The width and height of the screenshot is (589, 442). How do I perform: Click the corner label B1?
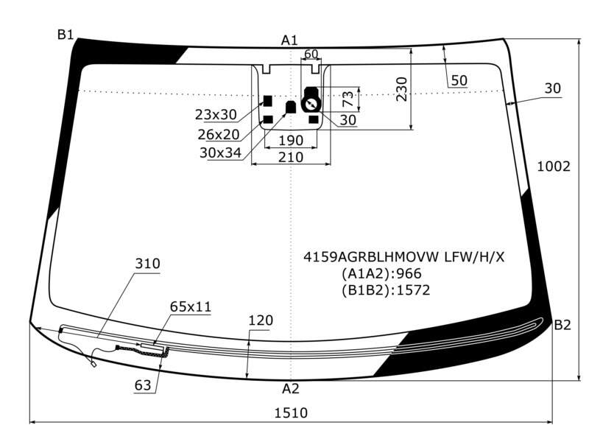pos(66,35)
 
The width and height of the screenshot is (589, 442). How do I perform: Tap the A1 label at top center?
pos(289,41)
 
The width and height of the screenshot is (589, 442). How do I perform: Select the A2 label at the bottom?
pos(290,389)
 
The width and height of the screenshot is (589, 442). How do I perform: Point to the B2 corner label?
pos(562,325)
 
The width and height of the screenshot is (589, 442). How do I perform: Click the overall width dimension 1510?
pos(291,413)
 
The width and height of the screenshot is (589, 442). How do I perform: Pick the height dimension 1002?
pos(554,166)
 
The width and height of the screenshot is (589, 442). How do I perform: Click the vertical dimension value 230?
pos(401,89)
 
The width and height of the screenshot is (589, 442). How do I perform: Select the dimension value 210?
pos(291,157)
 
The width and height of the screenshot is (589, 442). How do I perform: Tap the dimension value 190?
pos(291,141)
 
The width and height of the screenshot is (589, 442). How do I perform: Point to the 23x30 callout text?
pos(216,115)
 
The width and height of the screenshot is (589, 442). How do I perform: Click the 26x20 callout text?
pos(219,134)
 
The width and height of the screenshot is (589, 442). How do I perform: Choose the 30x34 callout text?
pos(220,152)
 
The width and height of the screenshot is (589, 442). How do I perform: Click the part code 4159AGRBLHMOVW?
pos(371,257)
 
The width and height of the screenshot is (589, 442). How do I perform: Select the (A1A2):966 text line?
pos(381,273)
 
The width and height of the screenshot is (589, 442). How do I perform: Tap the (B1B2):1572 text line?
pos(386,290)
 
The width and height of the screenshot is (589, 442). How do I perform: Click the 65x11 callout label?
pos(191,306)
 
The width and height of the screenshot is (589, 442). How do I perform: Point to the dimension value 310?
pos(148,264)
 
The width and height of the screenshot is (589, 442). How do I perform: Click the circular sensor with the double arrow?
pos(311,104)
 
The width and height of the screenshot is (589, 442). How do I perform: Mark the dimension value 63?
pos(143,385)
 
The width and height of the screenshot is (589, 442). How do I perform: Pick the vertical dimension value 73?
pos(348,99)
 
